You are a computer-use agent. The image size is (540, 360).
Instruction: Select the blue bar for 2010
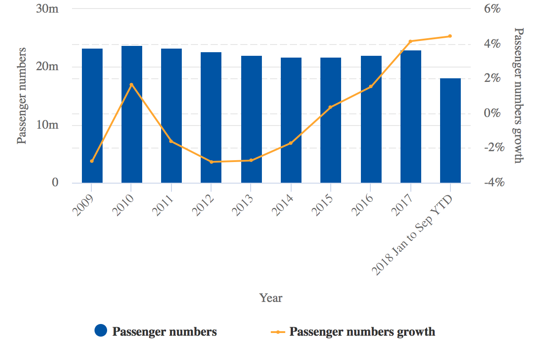tap(132, 114)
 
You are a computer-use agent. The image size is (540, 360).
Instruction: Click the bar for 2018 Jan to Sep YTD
tap(450, 130)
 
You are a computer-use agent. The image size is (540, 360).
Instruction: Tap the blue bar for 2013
tap(251, 119)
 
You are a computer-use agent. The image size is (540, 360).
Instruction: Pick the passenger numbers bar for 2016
tap(371, 119)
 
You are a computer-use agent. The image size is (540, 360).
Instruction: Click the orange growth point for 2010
tap(131, 85)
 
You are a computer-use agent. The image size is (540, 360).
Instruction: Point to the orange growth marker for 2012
tap(211, 162)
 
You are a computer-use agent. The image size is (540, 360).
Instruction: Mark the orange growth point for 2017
tap(410, 41)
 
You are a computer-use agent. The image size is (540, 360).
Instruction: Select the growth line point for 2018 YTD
tap(450, 36)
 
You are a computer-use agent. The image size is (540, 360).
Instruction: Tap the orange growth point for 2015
tap(331, 107)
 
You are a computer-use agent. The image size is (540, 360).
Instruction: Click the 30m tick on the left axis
tap(47, 9)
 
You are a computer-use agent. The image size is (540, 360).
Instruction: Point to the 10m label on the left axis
tap(47, 125)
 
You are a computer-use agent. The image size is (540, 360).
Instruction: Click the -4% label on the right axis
tap(492, 183)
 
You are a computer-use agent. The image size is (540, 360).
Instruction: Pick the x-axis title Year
tap(271, 298)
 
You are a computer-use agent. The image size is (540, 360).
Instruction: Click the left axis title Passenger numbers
tap(21, 95)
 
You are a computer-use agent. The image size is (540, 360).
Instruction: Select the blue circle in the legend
tap(101, 331)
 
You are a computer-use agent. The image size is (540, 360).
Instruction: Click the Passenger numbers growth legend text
tap(362, 332)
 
